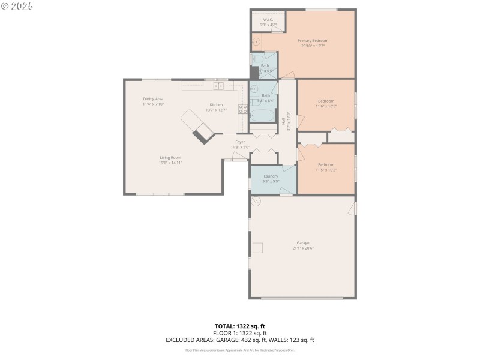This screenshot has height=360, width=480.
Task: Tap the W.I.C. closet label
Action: tap(268, 20)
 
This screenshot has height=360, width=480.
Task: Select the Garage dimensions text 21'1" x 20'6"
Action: tap(303, 248)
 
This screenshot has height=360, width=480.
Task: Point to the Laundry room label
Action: tap(271, 176)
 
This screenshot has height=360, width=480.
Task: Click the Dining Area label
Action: tap(153, 99)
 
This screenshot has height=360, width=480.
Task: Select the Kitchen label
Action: tap(216, 105)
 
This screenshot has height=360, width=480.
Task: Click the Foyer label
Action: tap(239, 142)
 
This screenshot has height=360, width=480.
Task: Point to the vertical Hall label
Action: tap(283, 121)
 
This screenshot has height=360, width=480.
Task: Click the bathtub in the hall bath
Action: tap(262, 115)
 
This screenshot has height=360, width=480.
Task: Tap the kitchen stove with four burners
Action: tap(243, 109)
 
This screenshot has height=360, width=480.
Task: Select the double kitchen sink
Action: tap(218, 86)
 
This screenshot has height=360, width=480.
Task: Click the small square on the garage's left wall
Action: tap(258, 248)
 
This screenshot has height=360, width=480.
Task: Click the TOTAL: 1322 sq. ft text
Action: tap(239, 326)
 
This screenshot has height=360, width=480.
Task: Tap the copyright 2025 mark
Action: tap(17, 6)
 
